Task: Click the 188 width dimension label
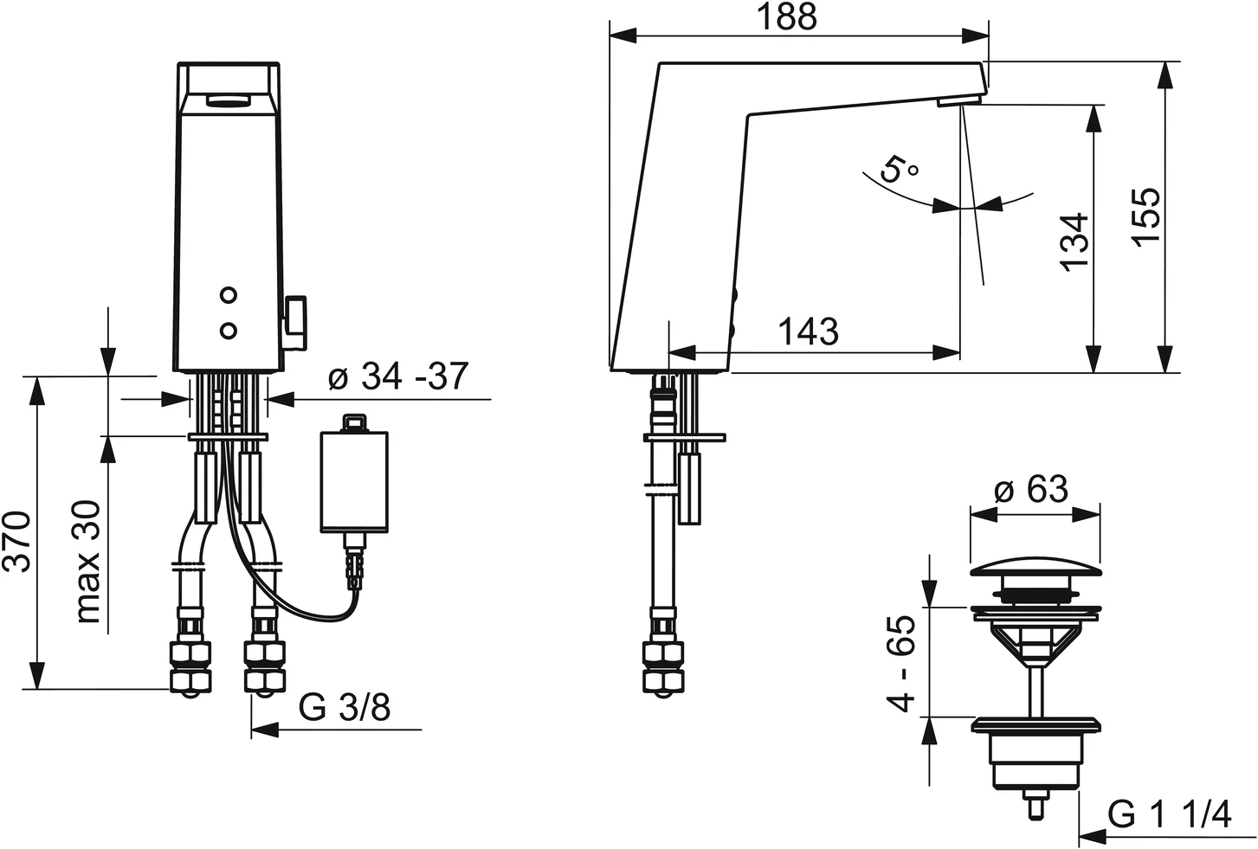(787, 17)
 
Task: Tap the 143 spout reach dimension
(808, 331)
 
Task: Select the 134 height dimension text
(1075, 242)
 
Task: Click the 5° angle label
(900, 168)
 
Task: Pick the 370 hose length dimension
(16, 541)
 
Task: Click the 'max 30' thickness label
(88, 561)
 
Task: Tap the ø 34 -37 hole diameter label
(398, 376)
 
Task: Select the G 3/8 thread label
(345, 707)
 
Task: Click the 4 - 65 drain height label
(900, 664)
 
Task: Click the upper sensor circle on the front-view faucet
(228, 295)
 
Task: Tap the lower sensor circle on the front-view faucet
(228, 331)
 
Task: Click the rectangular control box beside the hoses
(354, 481)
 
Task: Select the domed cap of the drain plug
(1035, 567)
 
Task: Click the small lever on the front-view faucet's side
(295, 323)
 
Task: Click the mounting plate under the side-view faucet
(685, 437)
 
